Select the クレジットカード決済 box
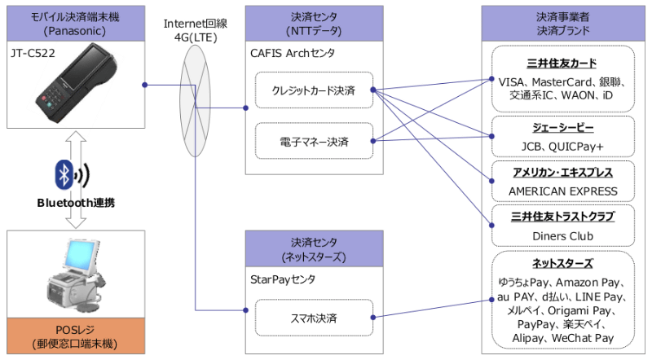click(314, 90)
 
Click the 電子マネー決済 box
click(314, 140)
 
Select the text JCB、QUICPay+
click(562, 147)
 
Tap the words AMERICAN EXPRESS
click(562, 191)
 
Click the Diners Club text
click(562, 236)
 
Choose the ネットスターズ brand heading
click(562, 265)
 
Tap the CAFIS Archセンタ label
click(292, 53)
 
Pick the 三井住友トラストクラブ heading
click(562, 217)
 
